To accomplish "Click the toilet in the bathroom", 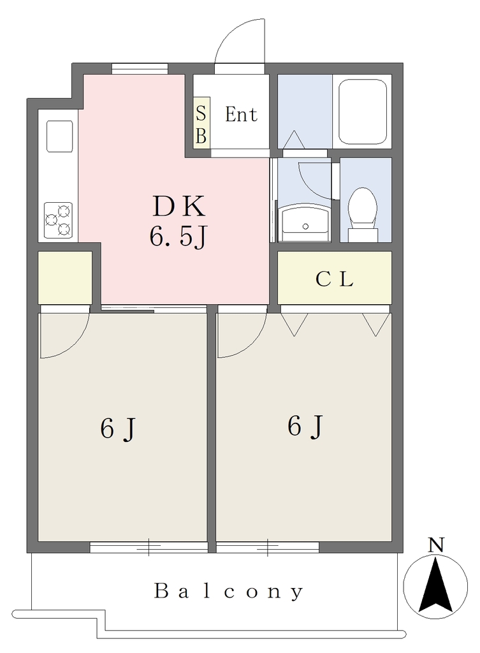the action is click(362, 214).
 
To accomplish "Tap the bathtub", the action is click(363, 112).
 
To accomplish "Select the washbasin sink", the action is click(305, 224).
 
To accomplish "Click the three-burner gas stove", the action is click(58, 220).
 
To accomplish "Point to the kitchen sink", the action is click(59, 136).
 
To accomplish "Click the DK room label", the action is click(179, 206).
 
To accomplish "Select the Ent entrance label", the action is click(241, 114).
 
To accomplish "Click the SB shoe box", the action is click(201, 123).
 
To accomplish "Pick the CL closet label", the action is click(334, 279).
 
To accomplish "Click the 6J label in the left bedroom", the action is click(118, 428).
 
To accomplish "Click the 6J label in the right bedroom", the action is click(305, 426).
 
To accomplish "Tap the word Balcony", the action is click(229, 591).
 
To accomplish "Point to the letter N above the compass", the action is click(436, 545).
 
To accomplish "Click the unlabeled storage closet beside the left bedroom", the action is click(65, 277).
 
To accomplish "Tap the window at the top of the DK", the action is click(140, 68).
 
